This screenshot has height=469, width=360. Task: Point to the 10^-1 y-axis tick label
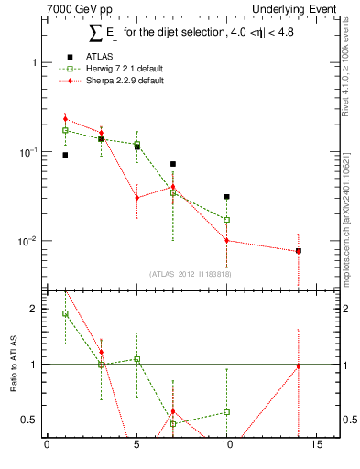coord(28,152)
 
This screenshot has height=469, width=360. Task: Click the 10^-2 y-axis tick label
coord(28,242)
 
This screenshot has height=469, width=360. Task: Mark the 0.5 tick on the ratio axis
coord(27,420)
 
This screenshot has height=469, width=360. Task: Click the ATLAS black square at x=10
coord(226,197)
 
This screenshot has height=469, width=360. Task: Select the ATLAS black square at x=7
coord(172,164)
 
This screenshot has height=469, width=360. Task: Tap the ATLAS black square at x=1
coord(65,155)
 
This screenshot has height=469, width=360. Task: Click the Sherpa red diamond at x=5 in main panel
coord(136,198)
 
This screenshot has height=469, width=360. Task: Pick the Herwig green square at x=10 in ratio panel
coord(226,412)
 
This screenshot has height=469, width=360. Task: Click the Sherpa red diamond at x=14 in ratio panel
coord(298,366)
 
